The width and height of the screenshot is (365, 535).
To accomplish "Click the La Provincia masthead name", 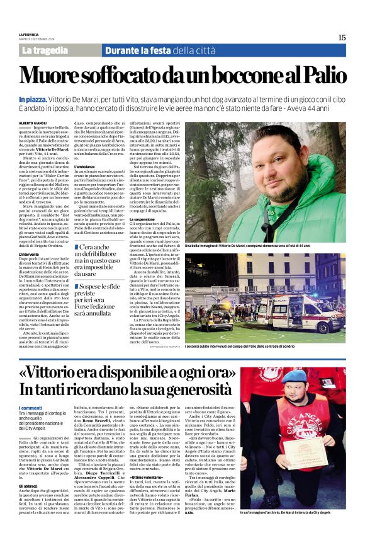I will click(29, 34).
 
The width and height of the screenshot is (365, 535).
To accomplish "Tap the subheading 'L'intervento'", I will click(31, 254).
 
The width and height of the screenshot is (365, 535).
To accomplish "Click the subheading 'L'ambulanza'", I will click(86, 166).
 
